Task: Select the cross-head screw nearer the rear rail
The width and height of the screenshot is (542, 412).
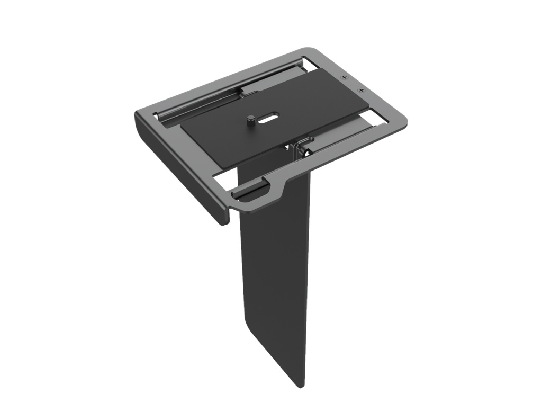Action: pos(344,78)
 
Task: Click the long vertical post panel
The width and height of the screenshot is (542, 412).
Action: pos(275,275)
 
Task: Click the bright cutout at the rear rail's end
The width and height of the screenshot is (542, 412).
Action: pos(310,63)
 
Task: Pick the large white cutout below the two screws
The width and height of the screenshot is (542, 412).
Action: pos(377,118)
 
